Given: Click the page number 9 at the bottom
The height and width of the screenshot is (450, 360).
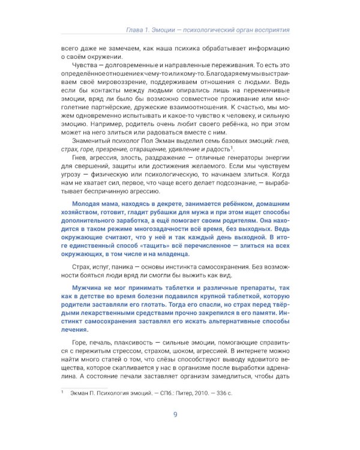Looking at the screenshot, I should [175, 415].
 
